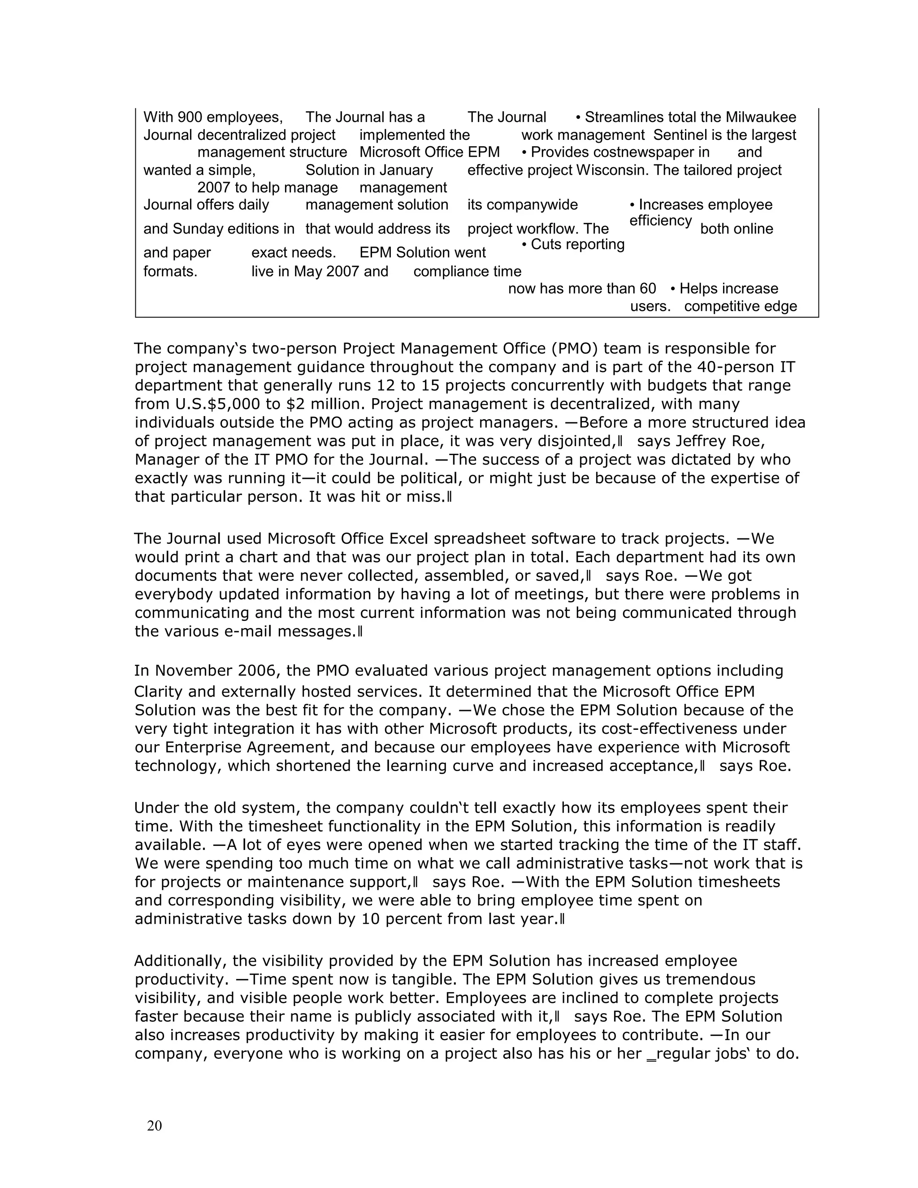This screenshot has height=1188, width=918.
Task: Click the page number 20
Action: tap(155, 1125)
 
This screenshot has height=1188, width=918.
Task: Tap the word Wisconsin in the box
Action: tap(612, 170)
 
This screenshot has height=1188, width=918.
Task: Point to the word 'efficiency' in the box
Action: tap(660, 221)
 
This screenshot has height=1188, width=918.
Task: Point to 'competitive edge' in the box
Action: tap(740, 307)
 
